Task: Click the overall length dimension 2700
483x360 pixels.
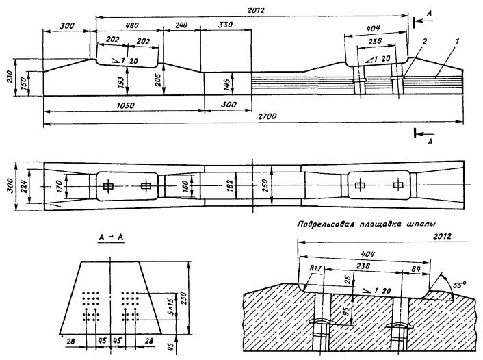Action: click(x=267, y=117)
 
